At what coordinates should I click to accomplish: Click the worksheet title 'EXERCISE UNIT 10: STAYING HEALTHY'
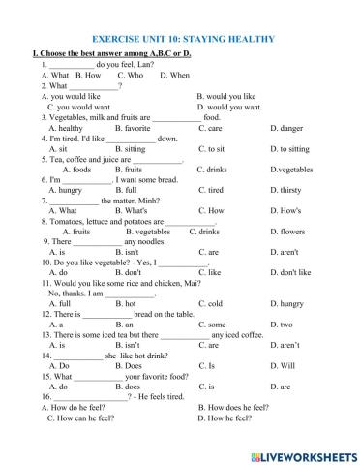click(x=179, y=39)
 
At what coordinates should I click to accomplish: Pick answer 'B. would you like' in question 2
click(x=225, y=96)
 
